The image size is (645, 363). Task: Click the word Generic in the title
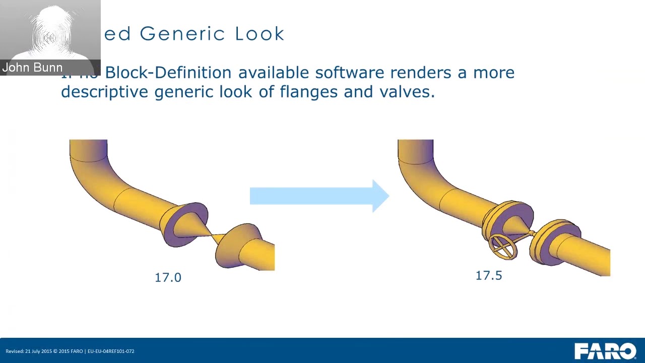point(181,34)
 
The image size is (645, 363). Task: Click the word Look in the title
point(260,34)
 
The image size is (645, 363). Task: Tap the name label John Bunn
point(32,68)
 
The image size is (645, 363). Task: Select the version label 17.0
point(168,277)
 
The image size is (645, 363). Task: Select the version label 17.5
point(489,275)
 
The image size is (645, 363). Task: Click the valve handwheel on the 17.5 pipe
point(502,247)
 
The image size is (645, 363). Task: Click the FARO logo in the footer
point(605,351)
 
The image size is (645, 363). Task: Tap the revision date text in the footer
point(70,351)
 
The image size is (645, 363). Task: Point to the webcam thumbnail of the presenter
point(50,33)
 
